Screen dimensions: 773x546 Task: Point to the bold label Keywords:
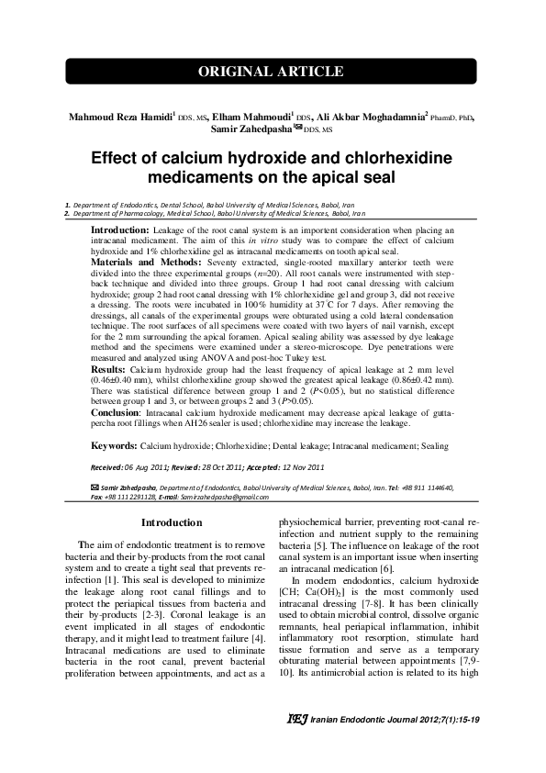pos(113,445)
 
